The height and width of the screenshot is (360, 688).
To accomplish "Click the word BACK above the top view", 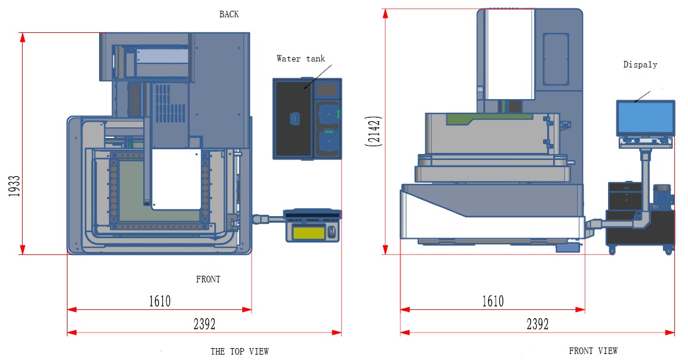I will (229, 14).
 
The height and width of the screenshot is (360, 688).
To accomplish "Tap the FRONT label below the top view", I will (208, 279).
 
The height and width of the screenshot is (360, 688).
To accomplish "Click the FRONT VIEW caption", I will (593, 351).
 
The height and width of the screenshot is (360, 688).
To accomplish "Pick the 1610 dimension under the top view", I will (159, 301).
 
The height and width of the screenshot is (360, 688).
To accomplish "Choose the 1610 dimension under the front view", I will (492, 301).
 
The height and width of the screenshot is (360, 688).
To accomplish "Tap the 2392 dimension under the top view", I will (204, 324).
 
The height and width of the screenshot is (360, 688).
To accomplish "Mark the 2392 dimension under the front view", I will (537, 324).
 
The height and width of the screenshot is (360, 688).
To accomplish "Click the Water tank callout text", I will (301, 59).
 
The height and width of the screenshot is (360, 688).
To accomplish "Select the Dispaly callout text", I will (640, 64).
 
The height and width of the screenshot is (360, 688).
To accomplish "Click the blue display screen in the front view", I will (646, 118).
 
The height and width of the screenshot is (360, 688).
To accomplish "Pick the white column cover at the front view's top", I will (508, 54).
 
